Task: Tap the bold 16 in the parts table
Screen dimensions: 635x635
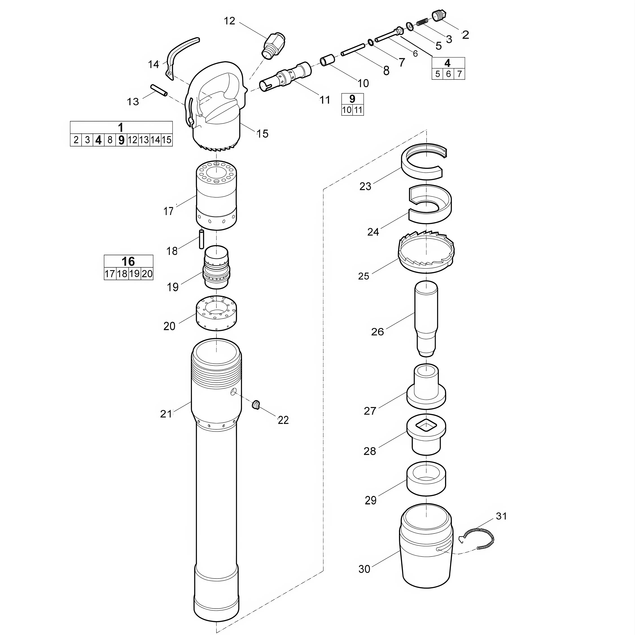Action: coord(128,262)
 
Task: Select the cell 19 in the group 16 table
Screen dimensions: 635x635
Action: coord(134,274)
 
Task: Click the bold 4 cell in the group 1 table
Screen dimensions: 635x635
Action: coord(98,140)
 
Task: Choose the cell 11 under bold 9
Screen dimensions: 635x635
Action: coord(358,110)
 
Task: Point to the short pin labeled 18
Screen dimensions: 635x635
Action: coord(201,239)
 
